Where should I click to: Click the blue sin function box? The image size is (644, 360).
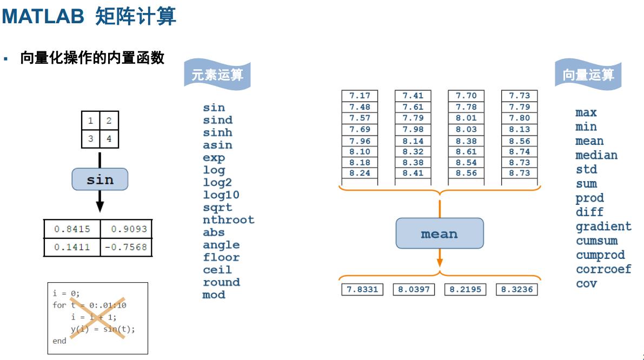click(x=100, y=179)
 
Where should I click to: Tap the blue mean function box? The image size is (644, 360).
click(x=439, y=234)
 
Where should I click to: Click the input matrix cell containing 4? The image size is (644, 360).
click(x=109, y=138)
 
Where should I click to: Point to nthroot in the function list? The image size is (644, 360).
click(x=228, y=220)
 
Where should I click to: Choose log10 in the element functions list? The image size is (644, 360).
click(x=221, y=195)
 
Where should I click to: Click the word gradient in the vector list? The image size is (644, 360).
click(x=603, y=226)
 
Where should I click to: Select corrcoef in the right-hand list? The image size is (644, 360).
click(x=603, y=269)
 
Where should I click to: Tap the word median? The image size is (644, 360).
click(x=596, y=155)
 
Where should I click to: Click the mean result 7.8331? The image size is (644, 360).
click(x=361, y=289)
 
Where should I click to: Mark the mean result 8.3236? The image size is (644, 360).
click(x=517, y=289)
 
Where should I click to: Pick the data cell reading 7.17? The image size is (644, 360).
click(x=360, y=96)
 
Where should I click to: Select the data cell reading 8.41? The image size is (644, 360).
click(x=413, y=174)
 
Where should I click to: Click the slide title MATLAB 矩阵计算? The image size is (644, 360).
click(x=89, y=17)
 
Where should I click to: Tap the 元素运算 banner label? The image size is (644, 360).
click(x=217, y=75)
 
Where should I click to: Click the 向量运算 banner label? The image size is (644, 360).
click(x=588, y=75)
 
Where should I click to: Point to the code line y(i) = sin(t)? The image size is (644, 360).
click(x=103, y=330)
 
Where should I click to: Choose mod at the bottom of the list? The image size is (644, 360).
click(x=214, y=295)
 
